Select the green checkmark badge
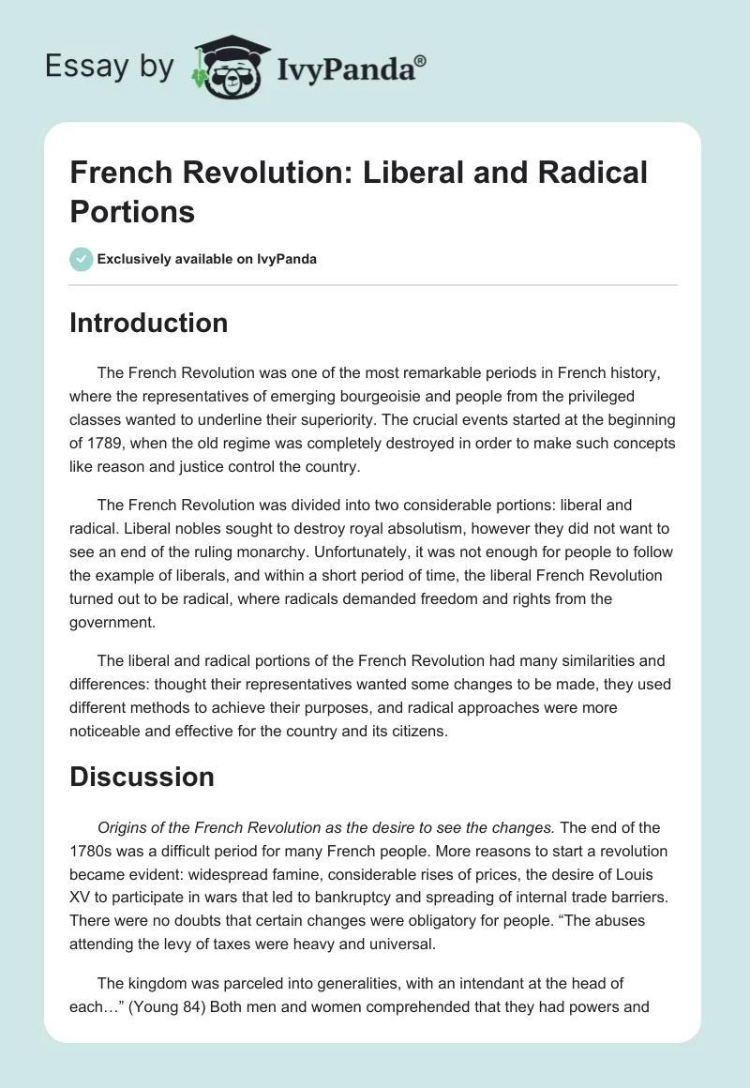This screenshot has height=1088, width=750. pos(82,259)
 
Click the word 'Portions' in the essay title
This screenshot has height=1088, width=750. pos(132,211)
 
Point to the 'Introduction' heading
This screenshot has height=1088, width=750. pos(149,323)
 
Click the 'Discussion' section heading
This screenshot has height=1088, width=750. pos(142,777)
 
